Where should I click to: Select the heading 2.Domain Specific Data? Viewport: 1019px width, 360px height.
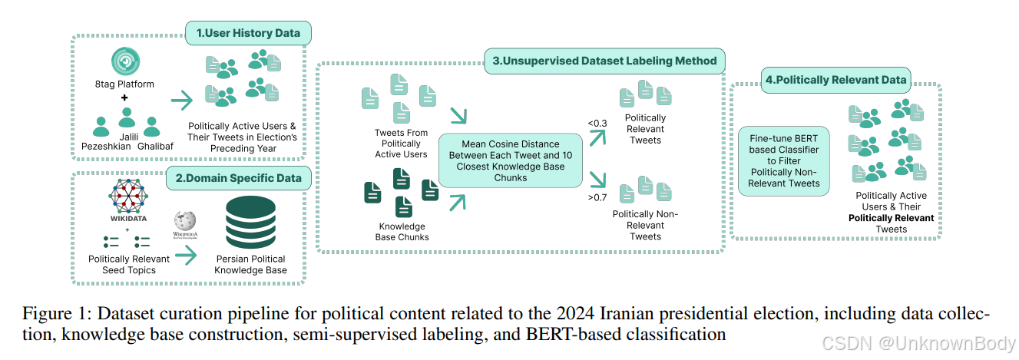(x=240, y=179)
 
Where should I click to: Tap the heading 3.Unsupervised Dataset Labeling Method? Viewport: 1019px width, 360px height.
(x=604, y=60)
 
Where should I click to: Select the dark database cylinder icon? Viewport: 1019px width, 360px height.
(x=250, y=223)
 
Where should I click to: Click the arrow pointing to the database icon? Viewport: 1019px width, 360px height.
(x=187, y=256)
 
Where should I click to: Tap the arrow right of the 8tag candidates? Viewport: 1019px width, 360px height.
(x=183, y=101)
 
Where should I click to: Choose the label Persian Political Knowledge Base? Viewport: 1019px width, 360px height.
(x=250, y=265)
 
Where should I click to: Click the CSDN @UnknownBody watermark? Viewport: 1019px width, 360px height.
(x=918, y=344)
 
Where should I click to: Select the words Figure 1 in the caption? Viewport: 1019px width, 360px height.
(x=49, y=314)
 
